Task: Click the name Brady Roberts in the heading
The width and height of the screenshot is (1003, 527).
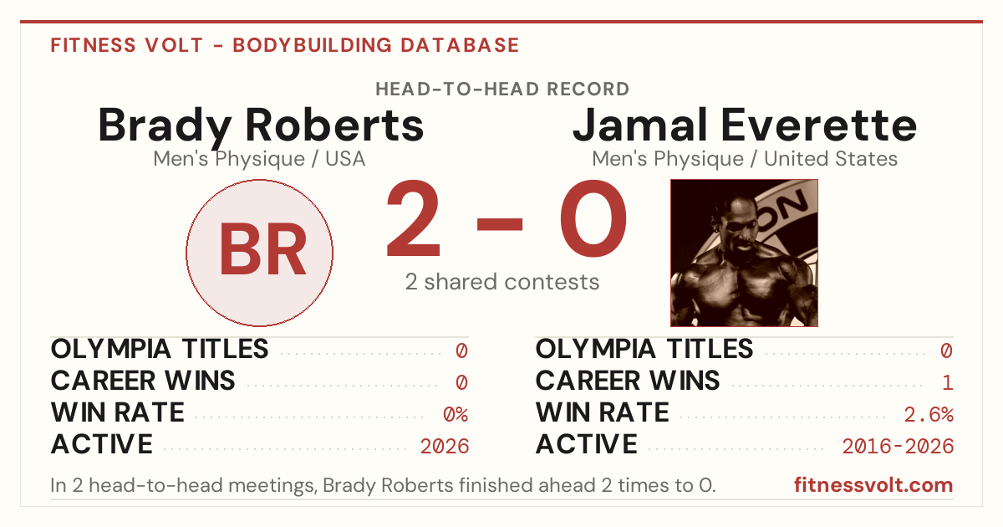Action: tap(261, 126)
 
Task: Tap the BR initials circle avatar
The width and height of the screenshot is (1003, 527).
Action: tap(260, 253)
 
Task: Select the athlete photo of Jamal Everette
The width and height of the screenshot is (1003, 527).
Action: tap(744, 253)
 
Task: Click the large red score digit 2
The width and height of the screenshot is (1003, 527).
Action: tap(413, 218)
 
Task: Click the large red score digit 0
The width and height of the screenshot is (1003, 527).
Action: tap(593, 218)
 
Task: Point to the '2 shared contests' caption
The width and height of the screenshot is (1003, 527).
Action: tap(502, 283)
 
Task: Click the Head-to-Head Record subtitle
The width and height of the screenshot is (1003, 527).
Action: tap(502, 90)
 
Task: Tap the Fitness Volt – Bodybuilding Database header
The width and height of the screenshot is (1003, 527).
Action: tap(285, 45)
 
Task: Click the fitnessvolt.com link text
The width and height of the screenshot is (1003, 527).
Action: tap(873, 485)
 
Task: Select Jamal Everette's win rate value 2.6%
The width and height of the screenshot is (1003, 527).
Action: tap(929, 415)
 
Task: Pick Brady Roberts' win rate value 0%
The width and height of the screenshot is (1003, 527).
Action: tap(456, 415)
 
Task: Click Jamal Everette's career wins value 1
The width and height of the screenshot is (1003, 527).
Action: tap(948, 383)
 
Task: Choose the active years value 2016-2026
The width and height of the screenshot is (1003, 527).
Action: tap(898, 447)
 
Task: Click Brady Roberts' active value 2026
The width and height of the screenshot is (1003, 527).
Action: tap(445, 447)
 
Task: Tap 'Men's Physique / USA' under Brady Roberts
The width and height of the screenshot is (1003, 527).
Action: tap(259, 159)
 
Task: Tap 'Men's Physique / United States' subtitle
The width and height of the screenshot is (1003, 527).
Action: tap(745, 159)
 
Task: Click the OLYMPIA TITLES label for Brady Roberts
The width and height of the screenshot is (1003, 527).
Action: tap(160, 349)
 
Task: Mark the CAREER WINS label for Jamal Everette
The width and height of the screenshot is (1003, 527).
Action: tap(628, 381)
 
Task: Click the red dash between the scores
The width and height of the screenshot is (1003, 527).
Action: tap(500, 223)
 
